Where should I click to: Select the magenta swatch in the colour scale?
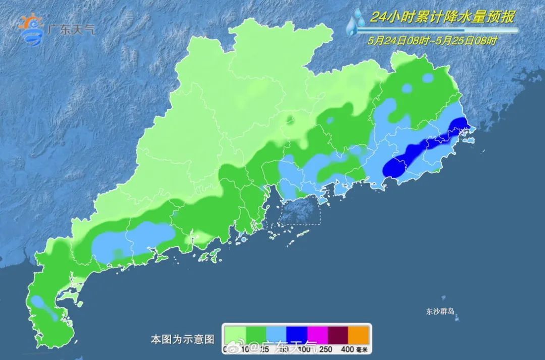(318, 334)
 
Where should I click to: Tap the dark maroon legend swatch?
(339, 334)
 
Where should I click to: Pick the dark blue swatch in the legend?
(297, 334)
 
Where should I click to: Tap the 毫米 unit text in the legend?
(362, 349)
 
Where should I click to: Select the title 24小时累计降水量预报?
(442, 17)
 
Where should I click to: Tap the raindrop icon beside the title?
(357, 23)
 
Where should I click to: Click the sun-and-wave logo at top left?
(31, 30)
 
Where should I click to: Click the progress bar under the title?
(436, 30)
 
